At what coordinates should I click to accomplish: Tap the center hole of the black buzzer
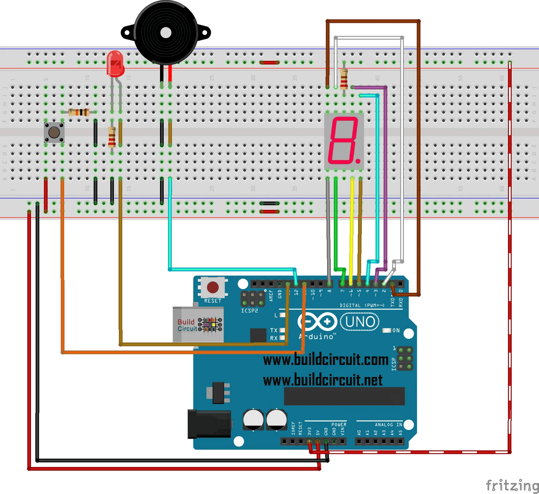166,33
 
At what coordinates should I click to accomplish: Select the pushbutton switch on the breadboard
54,132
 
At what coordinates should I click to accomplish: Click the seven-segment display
344,141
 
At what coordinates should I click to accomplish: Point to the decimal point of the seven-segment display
358,161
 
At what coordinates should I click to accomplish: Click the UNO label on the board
360,322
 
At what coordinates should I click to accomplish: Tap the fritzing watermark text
512,485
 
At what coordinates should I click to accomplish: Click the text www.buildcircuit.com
325,360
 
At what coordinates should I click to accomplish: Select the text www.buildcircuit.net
322,380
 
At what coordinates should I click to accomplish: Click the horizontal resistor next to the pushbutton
79,112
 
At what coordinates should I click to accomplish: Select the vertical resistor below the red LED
112,137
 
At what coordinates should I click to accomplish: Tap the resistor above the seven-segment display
344,78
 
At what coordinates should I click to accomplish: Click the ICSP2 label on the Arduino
249,311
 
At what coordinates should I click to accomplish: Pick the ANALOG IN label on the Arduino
388,425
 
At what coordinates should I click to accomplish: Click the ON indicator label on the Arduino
396,331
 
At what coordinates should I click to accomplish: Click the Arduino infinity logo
317,321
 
